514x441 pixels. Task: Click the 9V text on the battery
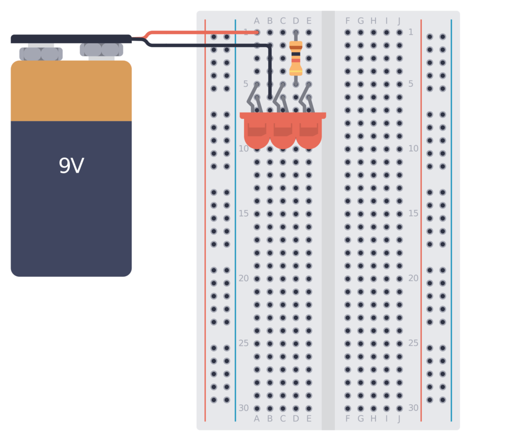point(71,166)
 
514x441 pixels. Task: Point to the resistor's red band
point(296,61)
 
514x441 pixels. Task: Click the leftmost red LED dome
point(257,133)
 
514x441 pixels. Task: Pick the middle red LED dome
point(283,133)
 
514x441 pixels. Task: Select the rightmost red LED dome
point(309,133)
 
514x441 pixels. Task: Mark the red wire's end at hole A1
point(257,32)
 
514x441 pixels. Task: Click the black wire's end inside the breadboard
point(270,96)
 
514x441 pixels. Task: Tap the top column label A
point(257,21)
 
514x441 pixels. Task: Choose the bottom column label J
point(400,418)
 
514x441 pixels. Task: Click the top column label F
point(348,21)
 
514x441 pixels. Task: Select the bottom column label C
point(283,418)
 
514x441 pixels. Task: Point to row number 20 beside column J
point(413,278)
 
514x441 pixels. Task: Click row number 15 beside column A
point(243,213)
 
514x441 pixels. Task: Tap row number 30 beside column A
point(243,408)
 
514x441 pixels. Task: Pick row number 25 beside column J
point(413,343)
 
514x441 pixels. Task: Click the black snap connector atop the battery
point(71,39)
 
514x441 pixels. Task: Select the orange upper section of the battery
point(71,91)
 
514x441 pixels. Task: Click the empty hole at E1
point(309,32)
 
